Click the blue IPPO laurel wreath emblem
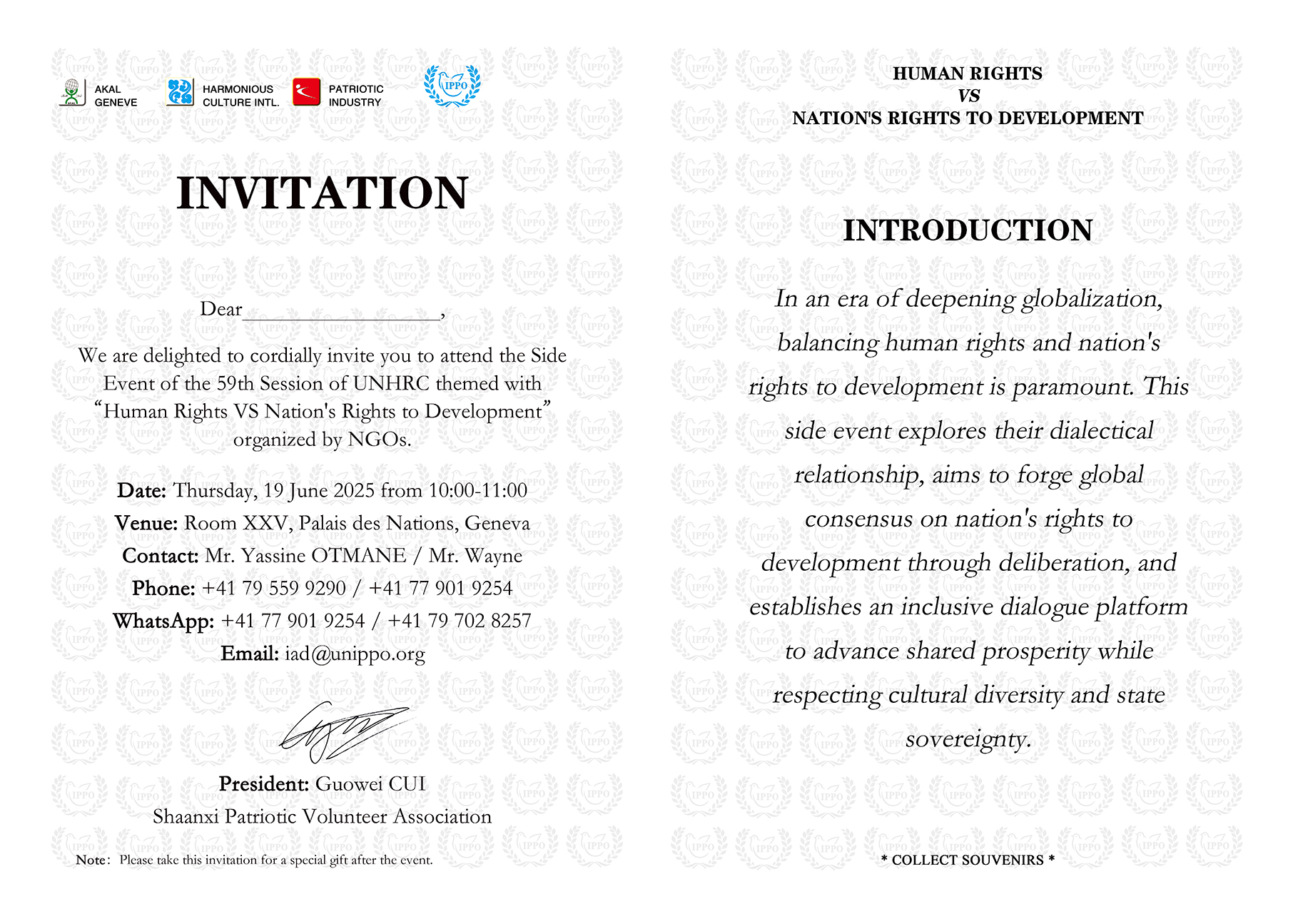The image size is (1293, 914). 452,86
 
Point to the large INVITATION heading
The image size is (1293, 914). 323,193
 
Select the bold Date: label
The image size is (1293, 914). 141,491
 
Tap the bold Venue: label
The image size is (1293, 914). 146,524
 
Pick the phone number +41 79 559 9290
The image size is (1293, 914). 274,589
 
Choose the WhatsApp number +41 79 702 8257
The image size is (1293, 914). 459,621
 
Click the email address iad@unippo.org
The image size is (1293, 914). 355,654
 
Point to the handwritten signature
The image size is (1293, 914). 343,731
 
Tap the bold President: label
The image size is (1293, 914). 263,784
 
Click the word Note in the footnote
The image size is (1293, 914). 91,860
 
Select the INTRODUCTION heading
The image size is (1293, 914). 968,230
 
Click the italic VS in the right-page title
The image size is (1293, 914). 968,96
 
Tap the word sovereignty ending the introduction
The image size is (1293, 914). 968,739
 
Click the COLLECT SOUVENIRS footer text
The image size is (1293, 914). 968,860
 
